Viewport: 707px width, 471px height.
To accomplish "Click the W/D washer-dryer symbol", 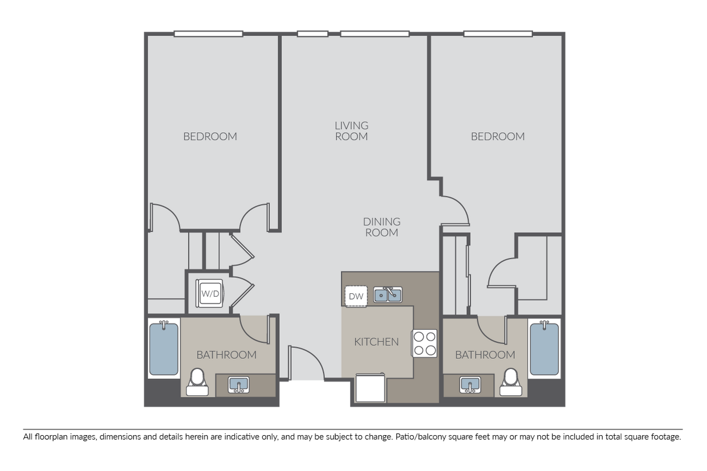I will [x=210, y=294].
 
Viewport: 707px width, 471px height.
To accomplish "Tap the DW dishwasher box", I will [x=356, y=296].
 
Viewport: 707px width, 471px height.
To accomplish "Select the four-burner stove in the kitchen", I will [x=424, y=343].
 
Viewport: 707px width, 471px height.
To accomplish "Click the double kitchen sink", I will [x=388, y=294].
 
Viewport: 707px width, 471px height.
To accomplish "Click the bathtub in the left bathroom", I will [x=164, y=348].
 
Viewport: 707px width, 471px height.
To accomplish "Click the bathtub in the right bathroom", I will [x=544, y=348].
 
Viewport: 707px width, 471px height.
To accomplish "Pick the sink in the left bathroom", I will [x=239, y=385].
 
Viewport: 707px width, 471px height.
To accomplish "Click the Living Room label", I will [x=351, y=130].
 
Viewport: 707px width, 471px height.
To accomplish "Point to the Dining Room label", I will [x=381, y=227].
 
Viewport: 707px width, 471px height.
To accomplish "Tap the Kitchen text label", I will [x=376, y=342].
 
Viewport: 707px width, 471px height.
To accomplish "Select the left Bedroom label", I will [x=210, y=136].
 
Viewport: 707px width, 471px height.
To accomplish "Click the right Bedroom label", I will [x=497, y=136].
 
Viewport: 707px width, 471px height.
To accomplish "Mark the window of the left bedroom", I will [x=208, y=34].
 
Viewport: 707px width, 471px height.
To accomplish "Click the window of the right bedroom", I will [x=498, y=34].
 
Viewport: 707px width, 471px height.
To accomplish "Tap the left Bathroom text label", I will [x=226, y=355].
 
